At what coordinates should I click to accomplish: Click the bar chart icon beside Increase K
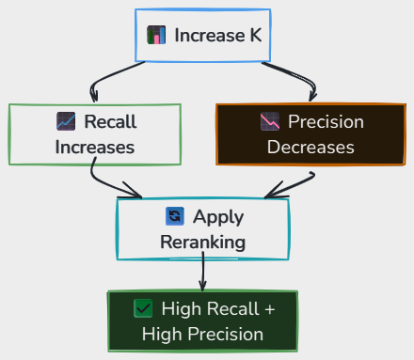click(x=156, y=35)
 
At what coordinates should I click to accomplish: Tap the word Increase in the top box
click(x=210, y=35)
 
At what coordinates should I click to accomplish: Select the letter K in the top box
click(x=256, y=35)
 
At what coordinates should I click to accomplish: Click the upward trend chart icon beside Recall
click(x=66, y=121)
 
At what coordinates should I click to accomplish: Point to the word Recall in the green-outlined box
click(x=110, y=121)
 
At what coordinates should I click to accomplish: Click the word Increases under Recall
click(x=95, y=148)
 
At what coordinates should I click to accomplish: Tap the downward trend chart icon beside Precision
click(x=270, y=121)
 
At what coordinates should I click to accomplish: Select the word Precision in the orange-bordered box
click(x=326, y=121)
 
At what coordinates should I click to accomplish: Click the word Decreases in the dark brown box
click(x=310, y=148)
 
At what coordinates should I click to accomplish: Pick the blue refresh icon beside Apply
click(x=175, y=216)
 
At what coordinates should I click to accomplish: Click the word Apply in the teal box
click(x=218, y=217)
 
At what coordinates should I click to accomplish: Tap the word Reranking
click(x=203, y=243)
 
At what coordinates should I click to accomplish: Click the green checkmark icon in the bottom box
click(x=143, y=308)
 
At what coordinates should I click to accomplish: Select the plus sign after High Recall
click(x=270, y=309)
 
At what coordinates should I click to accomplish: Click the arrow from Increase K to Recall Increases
click(x=105, y=76)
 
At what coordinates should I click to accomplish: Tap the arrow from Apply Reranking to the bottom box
click(x=203, y=272)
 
